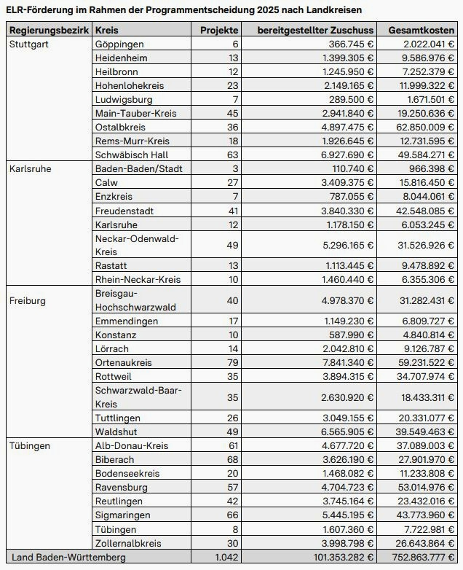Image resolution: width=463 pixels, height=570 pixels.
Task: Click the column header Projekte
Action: [219, 31]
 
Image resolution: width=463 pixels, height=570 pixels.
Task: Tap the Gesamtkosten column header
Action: [422, 31]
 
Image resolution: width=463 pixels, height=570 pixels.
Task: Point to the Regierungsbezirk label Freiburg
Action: [27, 300]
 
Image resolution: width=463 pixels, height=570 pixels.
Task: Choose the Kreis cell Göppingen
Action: [119, 44]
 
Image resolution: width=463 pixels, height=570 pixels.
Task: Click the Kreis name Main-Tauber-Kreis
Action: [135, 113]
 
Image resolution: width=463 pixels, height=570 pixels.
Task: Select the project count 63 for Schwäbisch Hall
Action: [232, 155]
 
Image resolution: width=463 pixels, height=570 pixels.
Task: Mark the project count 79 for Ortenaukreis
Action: [232, 362]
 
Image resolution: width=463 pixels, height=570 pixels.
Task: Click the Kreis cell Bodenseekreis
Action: [127, 473]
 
